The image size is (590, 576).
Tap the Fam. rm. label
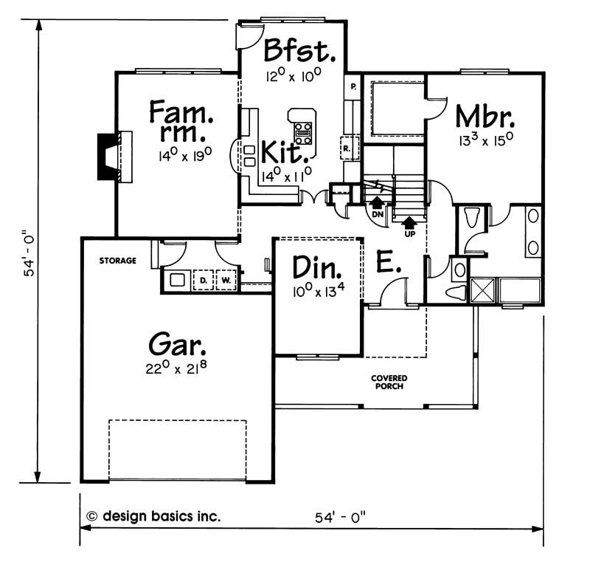(181, 120)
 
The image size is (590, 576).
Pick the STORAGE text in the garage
(117, 261)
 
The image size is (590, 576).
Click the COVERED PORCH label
(389, 382)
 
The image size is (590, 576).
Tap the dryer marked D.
(204, 280)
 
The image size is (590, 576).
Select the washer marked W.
(226, 280)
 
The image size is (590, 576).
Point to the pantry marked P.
(353, 86)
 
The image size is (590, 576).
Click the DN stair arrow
(377, 202)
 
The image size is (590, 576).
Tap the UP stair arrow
(409, 222)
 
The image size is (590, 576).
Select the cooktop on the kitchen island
(303, 134)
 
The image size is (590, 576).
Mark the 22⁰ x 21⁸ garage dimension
(176, 367)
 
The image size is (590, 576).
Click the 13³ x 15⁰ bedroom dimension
(486, 140)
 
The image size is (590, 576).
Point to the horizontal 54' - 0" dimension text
(341, 517)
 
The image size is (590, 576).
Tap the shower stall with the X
(482, 290)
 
